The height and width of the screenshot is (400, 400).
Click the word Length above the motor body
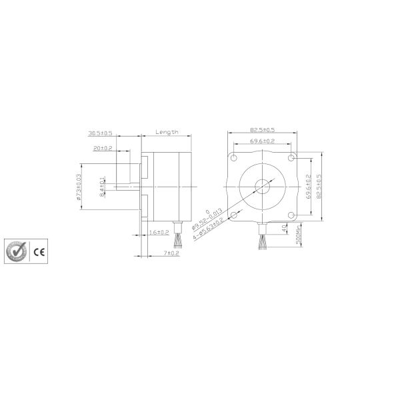tap(167, 132)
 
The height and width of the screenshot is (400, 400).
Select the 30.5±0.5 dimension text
tap(101, 133)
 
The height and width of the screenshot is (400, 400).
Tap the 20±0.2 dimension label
tap(103, 148)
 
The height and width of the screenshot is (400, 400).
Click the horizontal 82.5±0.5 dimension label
tap(263, 129)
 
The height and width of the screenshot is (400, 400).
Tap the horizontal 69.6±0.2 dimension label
tap(263, 141)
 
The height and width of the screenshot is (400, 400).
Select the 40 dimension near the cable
tap(285, 229)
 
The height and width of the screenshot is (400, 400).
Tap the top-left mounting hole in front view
tap(235, 158)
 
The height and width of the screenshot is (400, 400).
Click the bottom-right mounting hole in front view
tap(290, 214)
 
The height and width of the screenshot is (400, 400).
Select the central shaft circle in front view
tap(263, 186)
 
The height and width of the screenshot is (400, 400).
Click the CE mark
tap(39, 252)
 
